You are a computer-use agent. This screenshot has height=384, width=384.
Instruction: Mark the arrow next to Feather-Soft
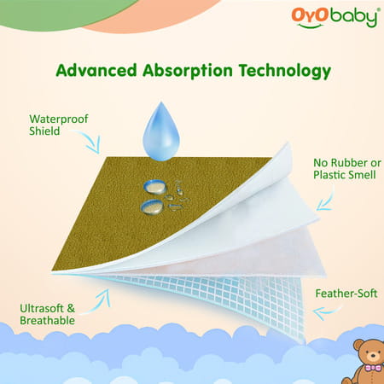pos(324,312)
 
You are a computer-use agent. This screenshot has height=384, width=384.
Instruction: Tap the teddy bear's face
pos(367,353)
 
